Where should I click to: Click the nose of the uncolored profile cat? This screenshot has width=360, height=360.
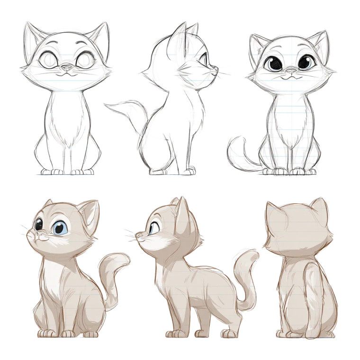pos(216,69)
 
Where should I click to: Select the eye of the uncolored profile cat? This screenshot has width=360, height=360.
pos(204,61)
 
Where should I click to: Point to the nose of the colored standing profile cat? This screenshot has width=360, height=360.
pos(138,234)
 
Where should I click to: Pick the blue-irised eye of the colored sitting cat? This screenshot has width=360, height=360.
pos(59,228)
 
